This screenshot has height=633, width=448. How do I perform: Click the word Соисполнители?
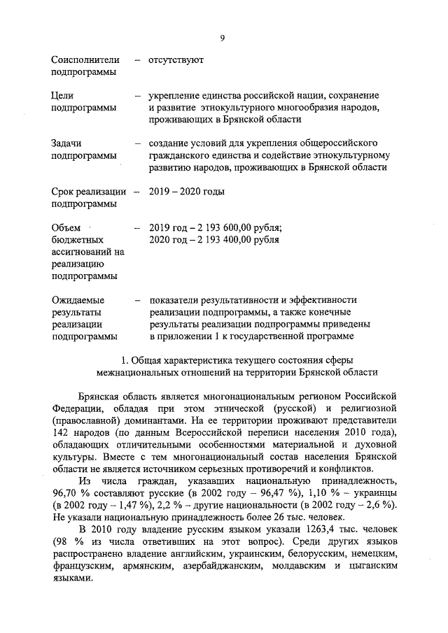pos(86,61)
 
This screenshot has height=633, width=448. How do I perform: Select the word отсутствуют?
pos(176,61)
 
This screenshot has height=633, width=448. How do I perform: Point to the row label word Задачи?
pos(67,143)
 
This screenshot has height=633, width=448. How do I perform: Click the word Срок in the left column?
pos(64,191)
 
